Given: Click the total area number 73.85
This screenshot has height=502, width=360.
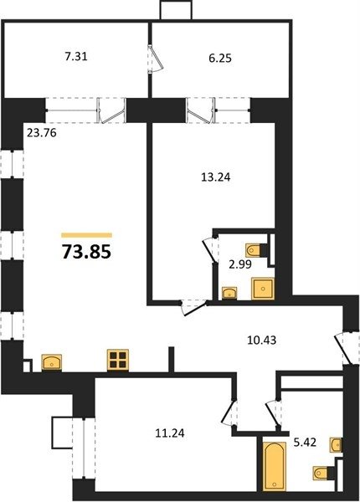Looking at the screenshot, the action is coord(86,251).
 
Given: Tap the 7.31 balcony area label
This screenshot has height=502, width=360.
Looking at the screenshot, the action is coord(76,57).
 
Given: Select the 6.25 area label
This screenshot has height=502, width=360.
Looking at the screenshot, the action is coord(220,59).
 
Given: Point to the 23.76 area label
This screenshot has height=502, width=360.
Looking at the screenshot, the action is coord(42,132).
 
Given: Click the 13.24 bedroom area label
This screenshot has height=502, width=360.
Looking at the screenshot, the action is coord(216,177).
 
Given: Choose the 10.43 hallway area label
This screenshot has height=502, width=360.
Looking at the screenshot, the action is coord(262,340).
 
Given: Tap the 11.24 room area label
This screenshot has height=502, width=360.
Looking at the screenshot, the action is coord(170,433).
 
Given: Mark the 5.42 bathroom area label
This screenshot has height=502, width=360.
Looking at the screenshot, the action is coord(305,443).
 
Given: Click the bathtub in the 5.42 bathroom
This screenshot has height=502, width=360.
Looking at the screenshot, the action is coord(275,466).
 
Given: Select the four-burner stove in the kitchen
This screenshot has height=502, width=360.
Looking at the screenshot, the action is coord(118,360).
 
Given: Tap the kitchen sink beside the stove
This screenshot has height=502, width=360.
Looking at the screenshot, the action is coord(52,362).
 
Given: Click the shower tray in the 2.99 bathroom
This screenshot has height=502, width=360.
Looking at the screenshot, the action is coord(263,289).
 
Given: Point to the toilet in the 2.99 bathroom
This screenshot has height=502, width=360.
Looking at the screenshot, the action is coord(256,250).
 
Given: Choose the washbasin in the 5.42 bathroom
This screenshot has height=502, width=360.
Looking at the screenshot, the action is coord(336,445).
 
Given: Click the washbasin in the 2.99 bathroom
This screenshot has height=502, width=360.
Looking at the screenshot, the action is coord(229,293).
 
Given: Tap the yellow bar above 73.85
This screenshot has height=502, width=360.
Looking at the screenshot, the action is coord(86,235).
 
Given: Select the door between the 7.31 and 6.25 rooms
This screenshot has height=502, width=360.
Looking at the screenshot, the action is coord(156,59).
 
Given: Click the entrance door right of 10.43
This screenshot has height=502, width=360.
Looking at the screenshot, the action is coord(342,349).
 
